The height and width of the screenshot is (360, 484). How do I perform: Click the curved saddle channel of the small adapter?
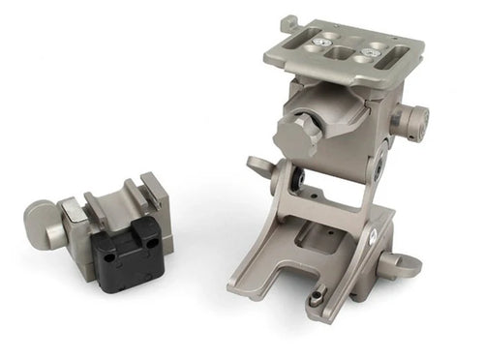pyautogui.click(x=116, y=203)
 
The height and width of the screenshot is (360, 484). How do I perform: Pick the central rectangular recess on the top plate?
pyautogui.click(x=345, y=54)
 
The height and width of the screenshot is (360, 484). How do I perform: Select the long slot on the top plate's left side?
pyautogui.click(x=308, y=57)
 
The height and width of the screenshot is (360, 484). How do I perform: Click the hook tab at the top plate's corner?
pyautogui.click(x=287, y=22)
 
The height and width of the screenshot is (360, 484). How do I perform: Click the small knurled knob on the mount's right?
pyautogui.click(x=411, y=121)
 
